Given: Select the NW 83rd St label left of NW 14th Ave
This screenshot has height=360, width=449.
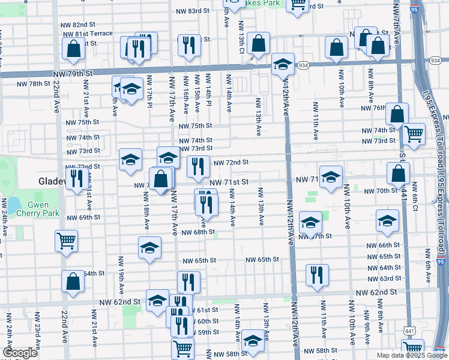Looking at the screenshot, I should (194, 11).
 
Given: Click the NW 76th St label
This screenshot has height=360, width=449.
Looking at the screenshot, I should (372, 108).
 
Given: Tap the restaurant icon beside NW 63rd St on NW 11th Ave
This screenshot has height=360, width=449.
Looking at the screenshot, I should (316, 274).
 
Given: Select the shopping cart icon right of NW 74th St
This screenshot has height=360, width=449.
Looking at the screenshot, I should (414, 134).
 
